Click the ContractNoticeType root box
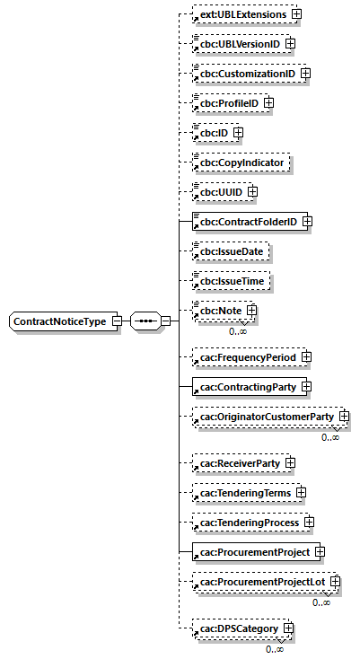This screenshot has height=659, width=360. coord(60,321)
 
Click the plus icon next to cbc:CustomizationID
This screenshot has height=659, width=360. coord(305,73)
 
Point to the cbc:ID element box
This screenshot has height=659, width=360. coord(213,132)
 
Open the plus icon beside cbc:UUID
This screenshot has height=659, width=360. coord(253,191)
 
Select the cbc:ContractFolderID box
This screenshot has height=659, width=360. coord(247,221)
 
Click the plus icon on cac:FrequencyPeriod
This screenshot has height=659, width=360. coord(306,357)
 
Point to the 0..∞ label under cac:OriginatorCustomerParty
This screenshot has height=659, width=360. coord(330,437)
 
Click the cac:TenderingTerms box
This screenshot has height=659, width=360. coord(245,493)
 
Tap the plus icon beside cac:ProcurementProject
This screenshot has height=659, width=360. coord(319,551)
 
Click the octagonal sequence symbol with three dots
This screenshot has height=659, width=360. coord(145,321)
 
